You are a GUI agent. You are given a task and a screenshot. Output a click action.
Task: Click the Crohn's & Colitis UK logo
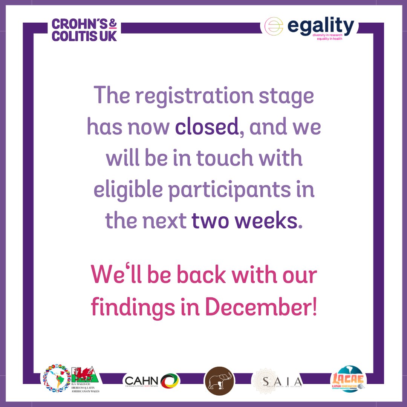pyautogui.click(x=84, y=30)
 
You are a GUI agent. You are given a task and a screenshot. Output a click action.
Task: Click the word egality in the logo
pyautogui.click(x=321, y=26)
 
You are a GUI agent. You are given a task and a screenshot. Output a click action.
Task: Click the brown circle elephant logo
pyautogui.click(x=219, y=381)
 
